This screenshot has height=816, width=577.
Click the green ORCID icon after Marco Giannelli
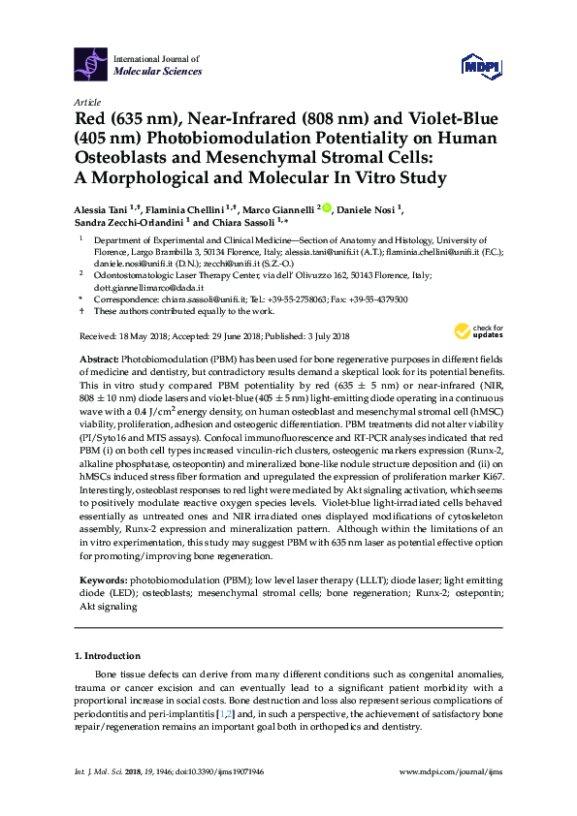point(327,207)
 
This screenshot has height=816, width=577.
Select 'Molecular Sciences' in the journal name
point(157,72)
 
